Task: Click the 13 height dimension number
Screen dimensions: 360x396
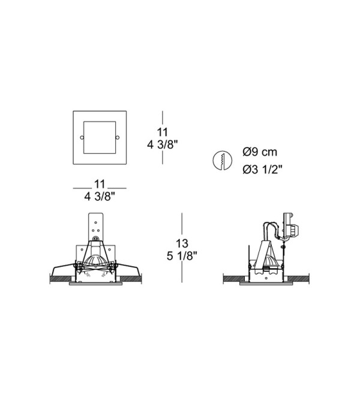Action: click(x=182, y=244)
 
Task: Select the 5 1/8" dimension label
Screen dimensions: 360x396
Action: click(x=182, y=256)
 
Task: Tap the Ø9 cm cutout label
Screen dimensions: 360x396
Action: click(x=260, y=152)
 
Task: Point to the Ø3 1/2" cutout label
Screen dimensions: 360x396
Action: click(x=262, y=169)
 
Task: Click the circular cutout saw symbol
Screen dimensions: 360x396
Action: click(x=223, y=161)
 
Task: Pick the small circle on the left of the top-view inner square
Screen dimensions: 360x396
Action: click(x=82, y=137)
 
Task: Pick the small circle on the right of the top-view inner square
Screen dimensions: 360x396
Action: click(x=118, y=137)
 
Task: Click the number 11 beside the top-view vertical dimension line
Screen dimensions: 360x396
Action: click(x=163, y=132)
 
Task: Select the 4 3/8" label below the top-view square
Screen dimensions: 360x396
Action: click(x=100, y=196)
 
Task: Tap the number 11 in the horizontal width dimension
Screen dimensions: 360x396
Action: click(x=100, y=184)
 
